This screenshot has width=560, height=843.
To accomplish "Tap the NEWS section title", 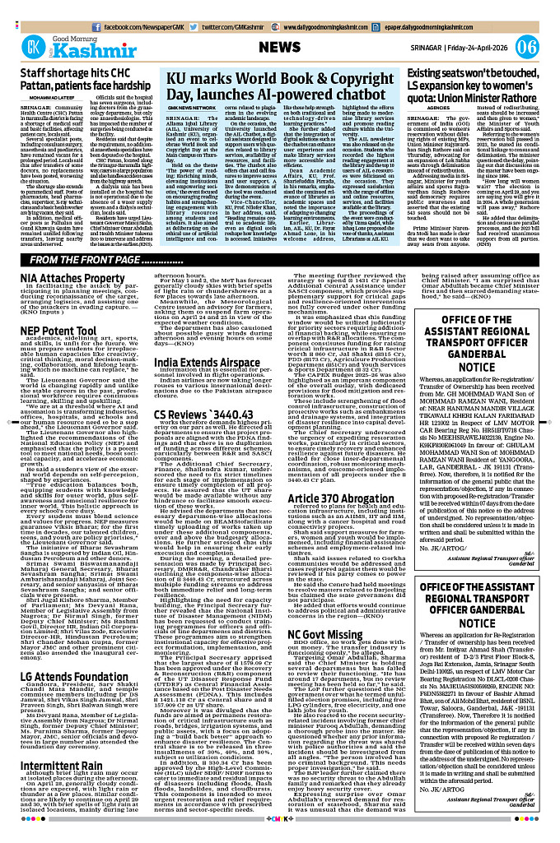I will click(x=285, y=46).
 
